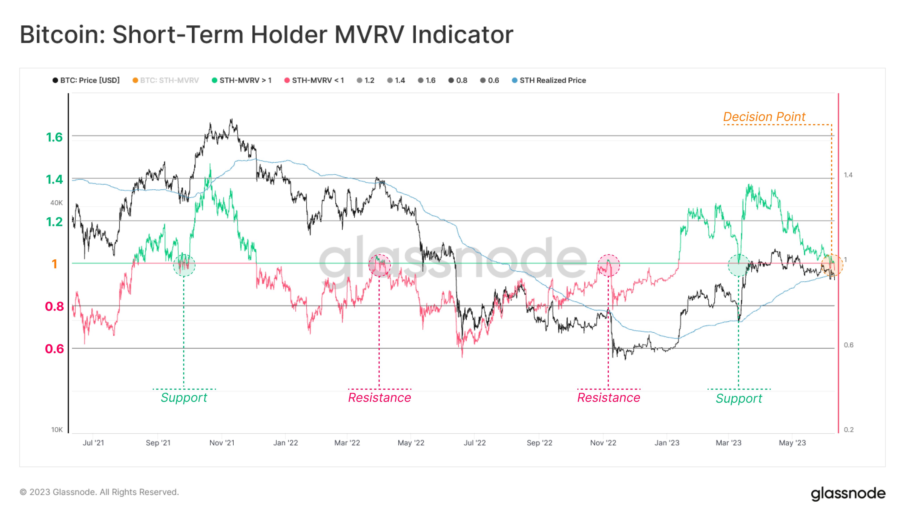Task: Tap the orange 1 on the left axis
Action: tap(54, 264)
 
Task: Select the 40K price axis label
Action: tap(56, 203)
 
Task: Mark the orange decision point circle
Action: tap(832, 265)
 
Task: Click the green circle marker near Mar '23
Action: tap(739, 265)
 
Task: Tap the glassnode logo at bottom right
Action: tap(848, 494)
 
